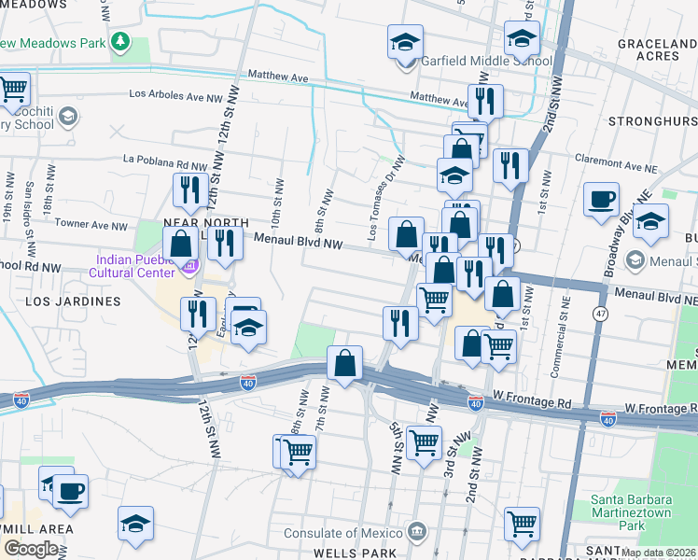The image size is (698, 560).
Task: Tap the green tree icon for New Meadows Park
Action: [119, 42]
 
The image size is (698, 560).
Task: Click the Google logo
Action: [30, 549]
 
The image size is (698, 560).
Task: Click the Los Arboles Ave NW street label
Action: [175, 94]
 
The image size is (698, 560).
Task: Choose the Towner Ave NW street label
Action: [91, 225]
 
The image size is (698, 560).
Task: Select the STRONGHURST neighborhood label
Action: [652, 121]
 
